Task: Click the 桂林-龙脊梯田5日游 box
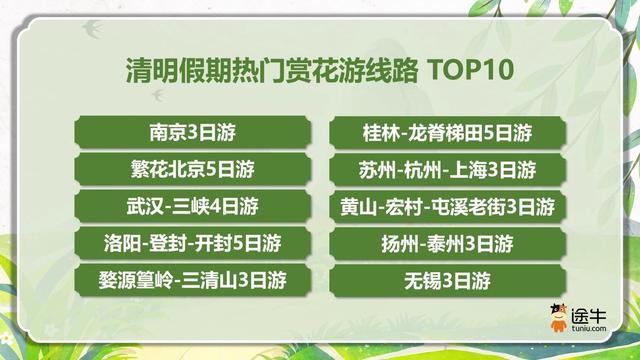tap(446, 131)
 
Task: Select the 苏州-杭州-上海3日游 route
tap(446, 168)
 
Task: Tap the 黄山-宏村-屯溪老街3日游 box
tap(446, 205)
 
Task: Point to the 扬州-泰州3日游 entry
tap(446, 242)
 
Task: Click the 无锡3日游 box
tap(446, 279)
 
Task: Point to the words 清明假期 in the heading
tap(163, 71)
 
